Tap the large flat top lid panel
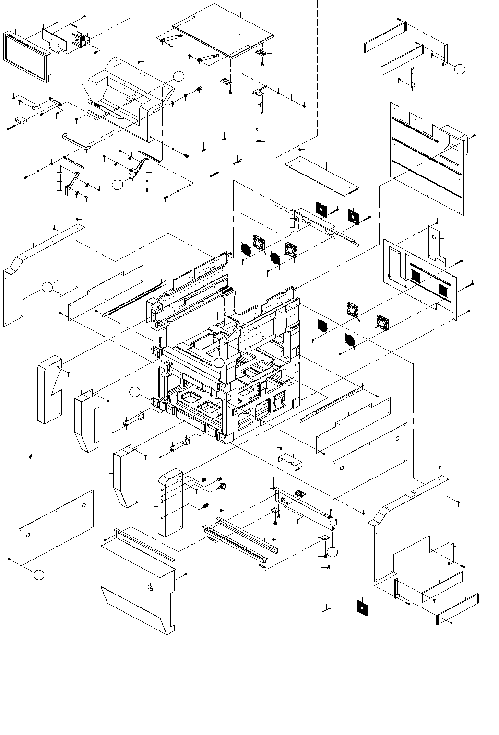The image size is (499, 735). click(x=223, y=34)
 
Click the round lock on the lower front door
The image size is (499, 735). click(x=150, y=587)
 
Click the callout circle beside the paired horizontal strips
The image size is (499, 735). click(x=460, y=69)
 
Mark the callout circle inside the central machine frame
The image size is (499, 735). click(x=219, y=362)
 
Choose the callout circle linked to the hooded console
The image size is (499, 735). click(x=178, y=75)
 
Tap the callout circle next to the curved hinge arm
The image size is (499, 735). click(x=117, y=184)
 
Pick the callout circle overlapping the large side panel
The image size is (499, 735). click(x=47, y=287)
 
